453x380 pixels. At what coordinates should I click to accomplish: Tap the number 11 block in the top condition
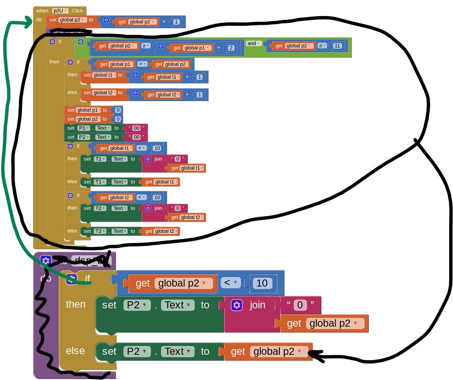pos(337,46)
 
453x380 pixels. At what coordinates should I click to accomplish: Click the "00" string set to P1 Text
pos(136,128)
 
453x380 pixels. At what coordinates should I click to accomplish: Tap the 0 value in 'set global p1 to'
pos(118,110)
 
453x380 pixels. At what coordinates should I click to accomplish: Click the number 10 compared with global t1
pos(157,148)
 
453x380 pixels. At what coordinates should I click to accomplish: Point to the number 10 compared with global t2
pos(157,197)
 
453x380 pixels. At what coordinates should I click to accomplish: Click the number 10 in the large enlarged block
pos(261,283)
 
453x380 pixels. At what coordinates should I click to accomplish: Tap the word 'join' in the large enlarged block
pos(258,305)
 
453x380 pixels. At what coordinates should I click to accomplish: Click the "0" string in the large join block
pos(301,305)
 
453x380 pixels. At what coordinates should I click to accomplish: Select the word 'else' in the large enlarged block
pos(75,350)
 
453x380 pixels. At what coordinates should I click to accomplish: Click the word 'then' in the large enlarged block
pos(75,304)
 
